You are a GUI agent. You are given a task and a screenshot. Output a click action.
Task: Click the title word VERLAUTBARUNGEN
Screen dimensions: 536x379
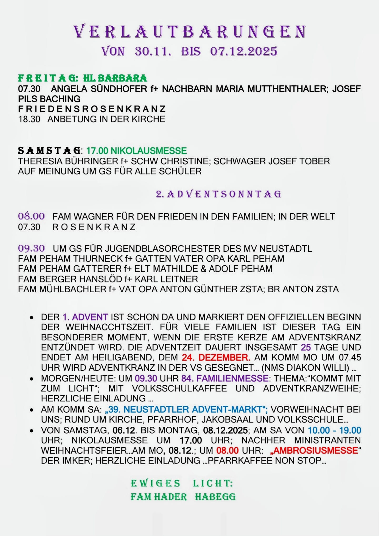(189, 32)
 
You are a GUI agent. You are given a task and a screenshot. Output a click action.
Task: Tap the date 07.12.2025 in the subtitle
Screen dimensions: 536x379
(243, 51)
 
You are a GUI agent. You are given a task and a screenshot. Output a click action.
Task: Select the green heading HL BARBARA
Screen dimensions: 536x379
(115, 78)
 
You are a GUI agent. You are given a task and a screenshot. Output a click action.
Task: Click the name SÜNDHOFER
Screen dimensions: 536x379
(119, 89)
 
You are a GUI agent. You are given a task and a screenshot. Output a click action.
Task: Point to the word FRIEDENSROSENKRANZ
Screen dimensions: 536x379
(92, 109)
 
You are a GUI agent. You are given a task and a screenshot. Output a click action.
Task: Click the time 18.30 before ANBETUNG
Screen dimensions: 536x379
(29, 119)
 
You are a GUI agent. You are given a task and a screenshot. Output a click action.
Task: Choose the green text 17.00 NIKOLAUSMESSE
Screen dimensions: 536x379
(137, 151)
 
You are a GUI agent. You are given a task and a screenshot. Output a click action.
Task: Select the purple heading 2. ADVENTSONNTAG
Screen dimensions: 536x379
(218, 194)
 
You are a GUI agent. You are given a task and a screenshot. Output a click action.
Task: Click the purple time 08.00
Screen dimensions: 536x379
(31, 216)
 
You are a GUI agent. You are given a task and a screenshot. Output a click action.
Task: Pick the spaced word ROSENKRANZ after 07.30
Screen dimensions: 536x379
(94, 227)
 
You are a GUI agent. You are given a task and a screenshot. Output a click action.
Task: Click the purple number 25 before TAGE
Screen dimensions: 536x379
(306, 348)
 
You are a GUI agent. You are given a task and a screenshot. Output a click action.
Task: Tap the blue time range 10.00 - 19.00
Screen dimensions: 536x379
(334, 430)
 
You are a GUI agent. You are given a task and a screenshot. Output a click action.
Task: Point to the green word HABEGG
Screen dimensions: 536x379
(215, 497)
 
